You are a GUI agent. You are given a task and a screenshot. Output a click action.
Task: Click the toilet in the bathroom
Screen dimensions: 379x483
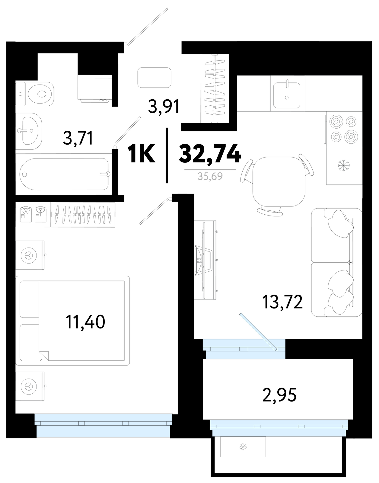35,94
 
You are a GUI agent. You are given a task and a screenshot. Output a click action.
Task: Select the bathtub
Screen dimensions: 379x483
64,174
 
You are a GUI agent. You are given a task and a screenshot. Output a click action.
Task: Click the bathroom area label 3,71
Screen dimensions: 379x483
78,138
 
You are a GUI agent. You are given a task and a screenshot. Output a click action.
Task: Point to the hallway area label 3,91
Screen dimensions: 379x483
164,107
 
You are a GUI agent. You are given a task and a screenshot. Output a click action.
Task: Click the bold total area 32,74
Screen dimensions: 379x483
210,154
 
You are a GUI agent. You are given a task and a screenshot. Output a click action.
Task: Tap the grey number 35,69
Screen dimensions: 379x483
210,177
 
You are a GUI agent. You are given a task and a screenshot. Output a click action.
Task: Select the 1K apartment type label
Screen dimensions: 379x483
141,154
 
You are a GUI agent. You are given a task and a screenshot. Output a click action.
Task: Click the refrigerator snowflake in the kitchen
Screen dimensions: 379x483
344,166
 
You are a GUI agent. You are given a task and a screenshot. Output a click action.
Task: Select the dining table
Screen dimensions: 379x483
279,182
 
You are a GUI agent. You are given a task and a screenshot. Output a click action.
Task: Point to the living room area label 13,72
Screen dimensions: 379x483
282,302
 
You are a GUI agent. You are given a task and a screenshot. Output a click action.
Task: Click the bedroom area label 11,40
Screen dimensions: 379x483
85,322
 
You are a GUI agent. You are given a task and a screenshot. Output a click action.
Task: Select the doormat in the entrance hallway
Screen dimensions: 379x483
154,78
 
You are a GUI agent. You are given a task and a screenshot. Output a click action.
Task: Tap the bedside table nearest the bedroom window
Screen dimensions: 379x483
30,386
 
